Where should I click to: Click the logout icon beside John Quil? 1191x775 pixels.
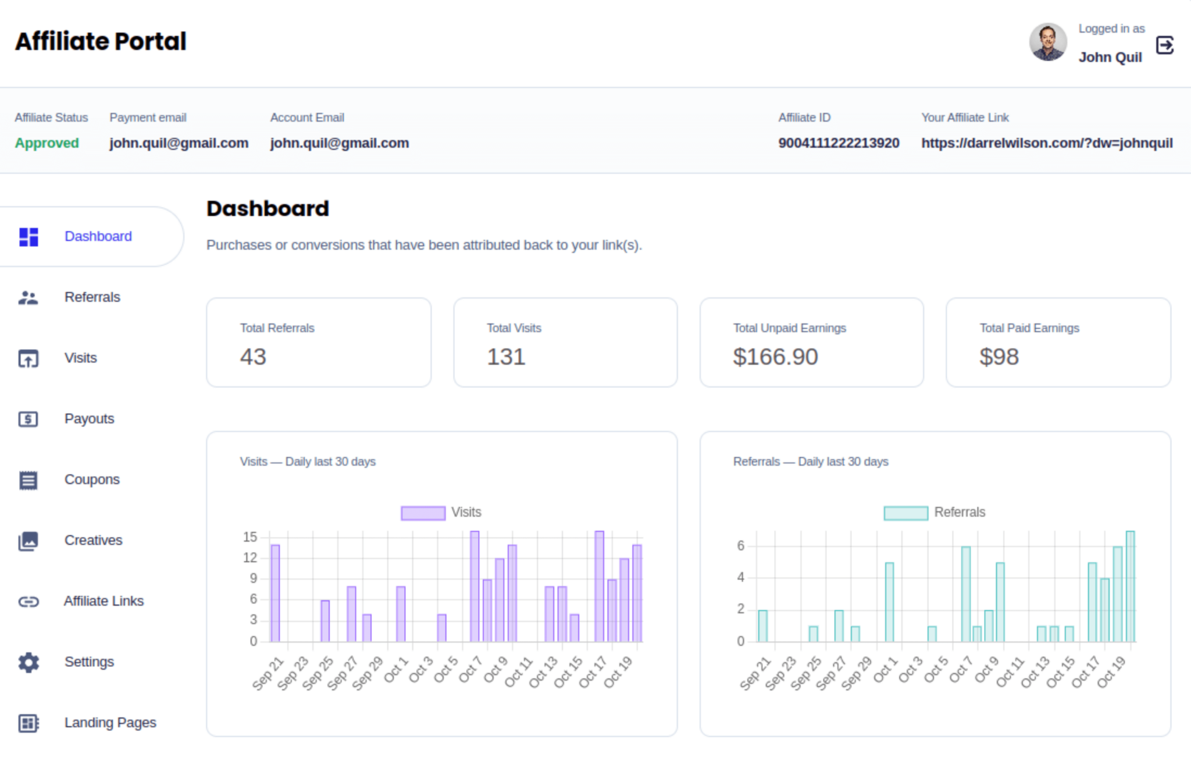(x=1164, y=45)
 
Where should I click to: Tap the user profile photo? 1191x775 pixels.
(x=1047, y=42)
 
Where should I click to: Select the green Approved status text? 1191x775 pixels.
(x=47, y=143)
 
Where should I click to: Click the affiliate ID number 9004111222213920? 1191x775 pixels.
(x=839, y=143)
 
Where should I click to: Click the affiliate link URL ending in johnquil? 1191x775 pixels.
(x=1046, y=143)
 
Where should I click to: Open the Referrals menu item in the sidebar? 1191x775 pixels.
(x=92, y=297)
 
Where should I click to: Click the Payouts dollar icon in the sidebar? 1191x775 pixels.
(x=28, y=419)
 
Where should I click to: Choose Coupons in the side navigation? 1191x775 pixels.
(x=92, y=479)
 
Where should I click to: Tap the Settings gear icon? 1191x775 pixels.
(x=28, y=662)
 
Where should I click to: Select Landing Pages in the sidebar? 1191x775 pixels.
(x=110, y=723)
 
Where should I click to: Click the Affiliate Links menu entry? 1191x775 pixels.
(x=104, y=601)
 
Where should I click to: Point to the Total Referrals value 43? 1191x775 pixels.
(x=253, y=357)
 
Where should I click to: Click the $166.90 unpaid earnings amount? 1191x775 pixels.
(x=775, y=357)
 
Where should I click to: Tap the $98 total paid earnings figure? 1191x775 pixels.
(x=999, y=357)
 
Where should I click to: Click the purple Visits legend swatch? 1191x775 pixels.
(x=423, y=513)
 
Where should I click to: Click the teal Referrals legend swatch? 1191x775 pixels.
(x=905, y=513)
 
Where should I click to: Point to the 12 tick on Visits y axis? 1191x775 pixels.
(x=250, y=558)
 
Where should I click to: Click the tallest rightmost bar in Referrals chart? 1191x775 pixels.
(x=1130, y=586)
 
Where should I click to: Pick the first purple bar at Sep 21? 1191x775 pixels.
(x=275, y=593)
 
